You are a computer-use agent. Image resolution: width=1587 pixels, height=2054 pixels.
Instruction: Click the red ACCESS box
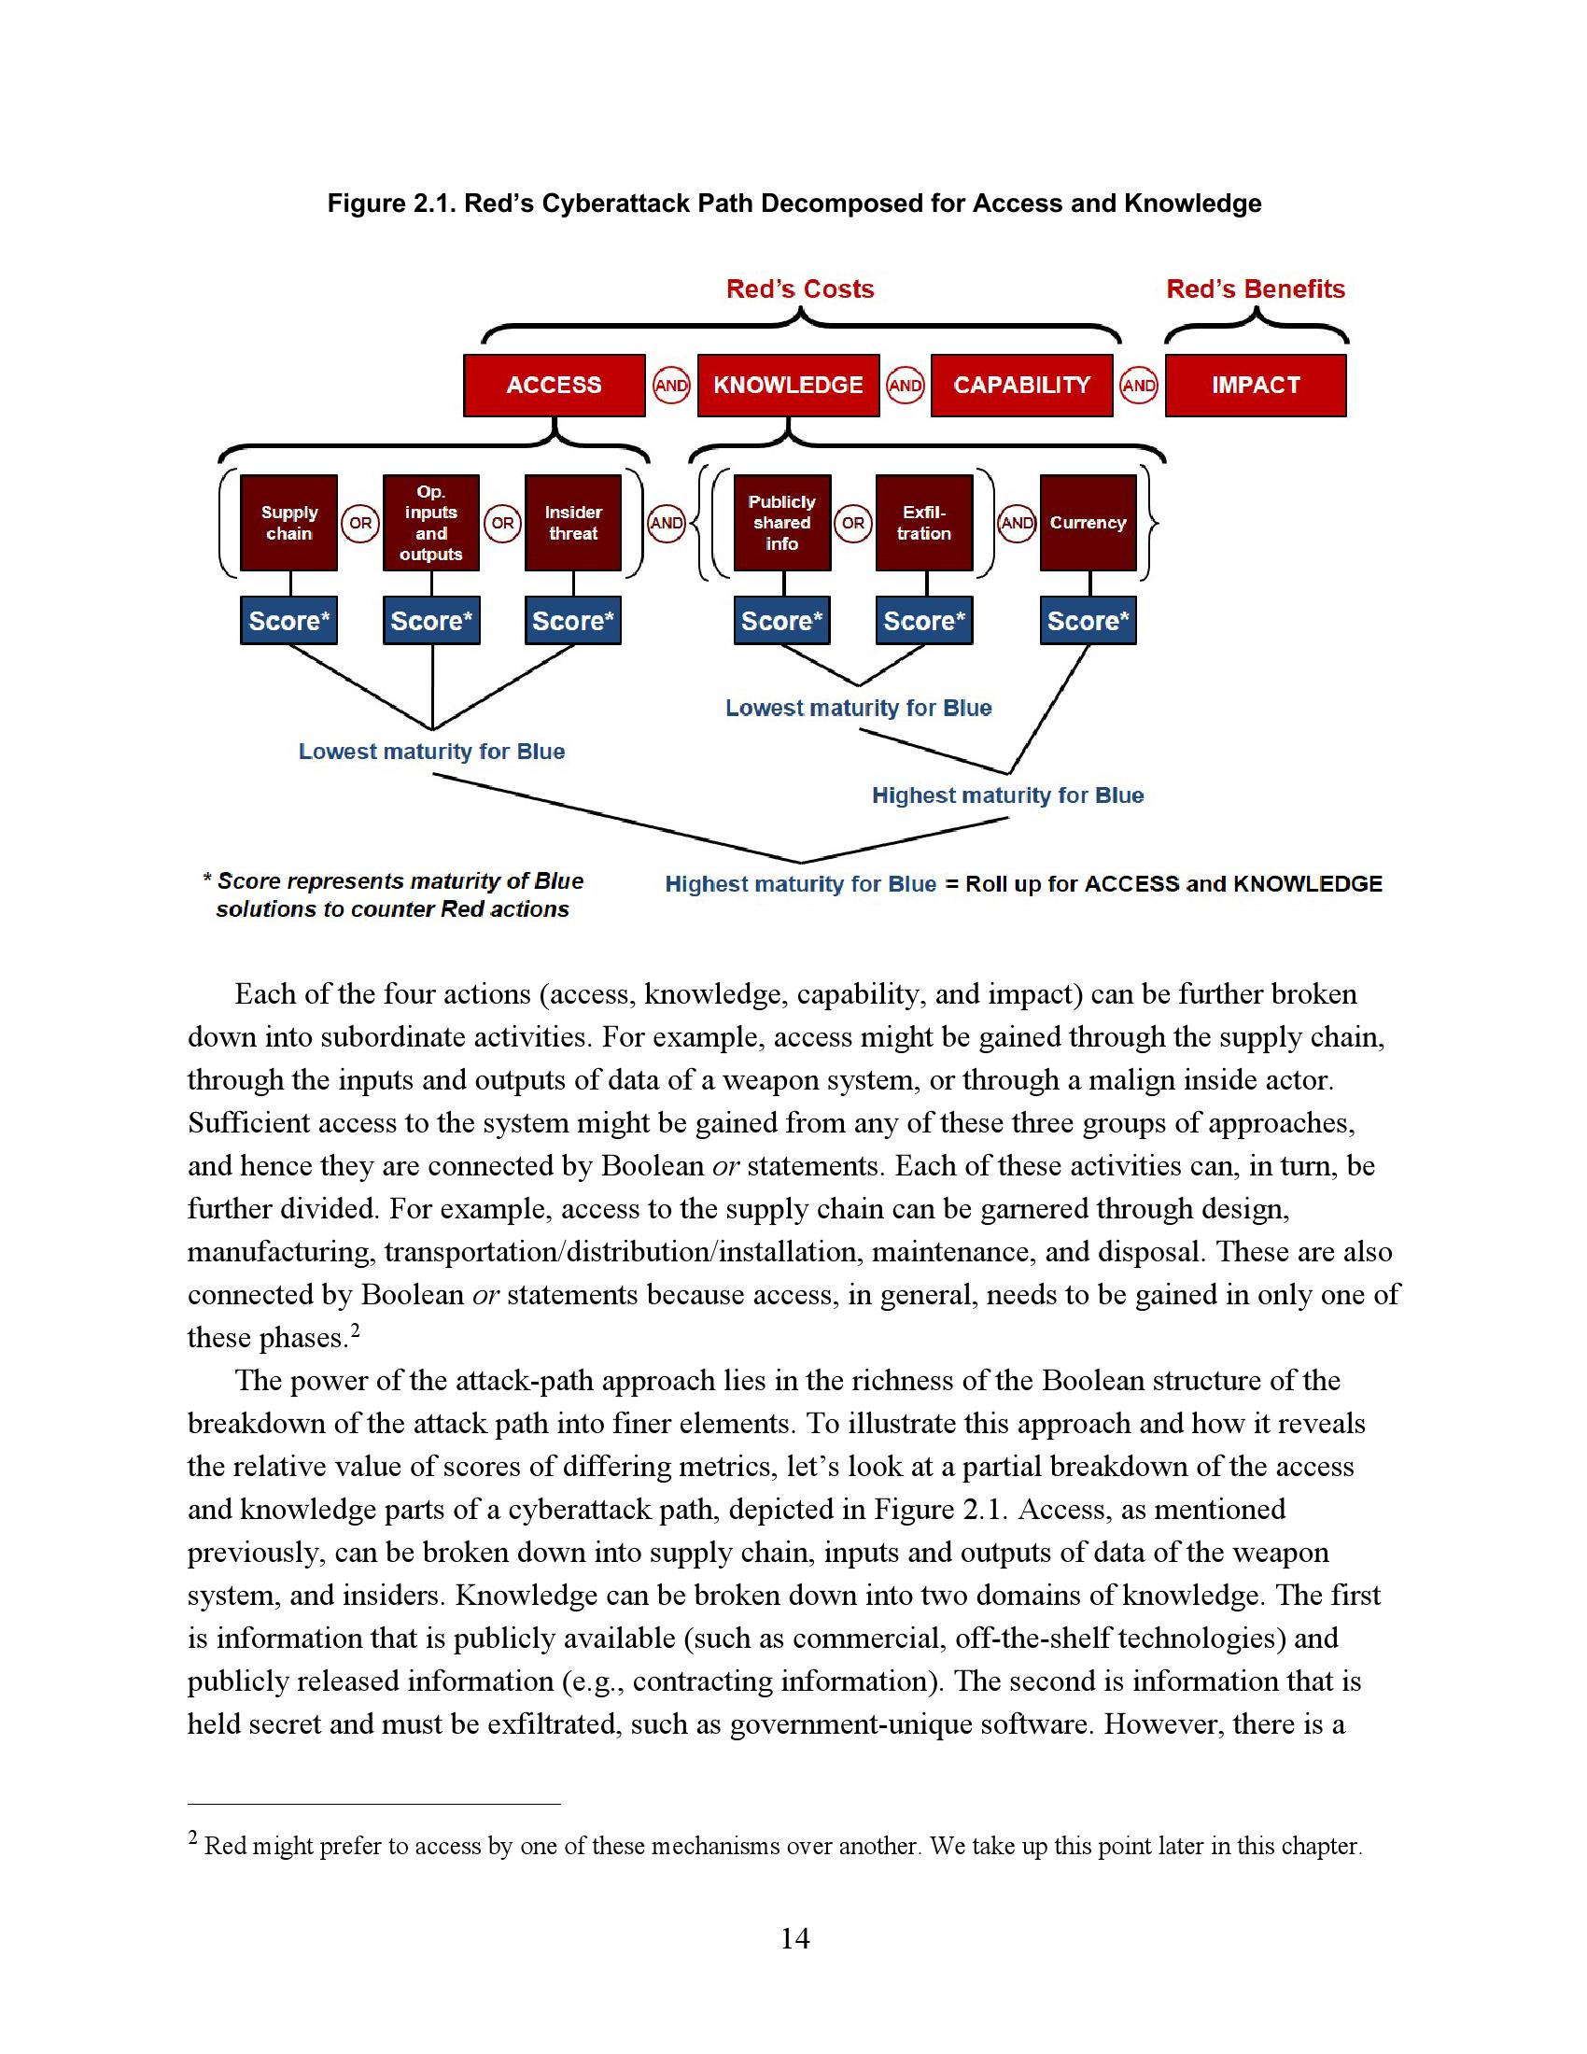[554, 385]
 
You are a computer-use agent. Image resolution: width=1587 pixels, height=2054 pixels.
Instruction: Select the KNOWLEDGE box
[788, 385]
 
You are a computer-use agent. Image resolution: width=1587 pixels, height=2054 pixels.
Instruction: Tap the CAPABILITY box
[1021, 385]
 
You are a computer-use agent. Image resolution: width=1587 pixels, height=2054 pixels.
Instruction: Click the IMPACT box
[1255, 385]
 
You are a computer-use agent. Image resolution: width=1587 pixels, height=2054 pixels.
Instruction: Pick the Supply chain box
[288, 523]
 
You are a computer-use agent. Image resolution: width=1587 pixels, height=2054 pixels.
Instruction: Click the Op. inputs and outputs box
[430, 523]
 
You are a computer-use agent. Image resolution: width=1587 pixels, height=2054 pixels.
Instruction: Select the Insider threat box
[572, 523]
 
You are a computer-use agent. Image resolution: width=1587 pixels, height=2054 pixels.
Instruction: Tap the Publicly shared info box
[781, 523]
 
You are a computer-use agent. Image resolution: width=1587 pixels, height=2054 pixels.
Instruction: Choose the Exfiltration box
[923, 523]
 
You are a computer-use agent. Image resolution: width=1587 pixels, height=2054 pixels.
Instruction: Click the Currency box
[1088, 523]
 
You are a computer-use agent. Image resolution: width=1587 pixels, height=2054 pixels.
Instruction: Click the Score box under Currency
[1088, 621]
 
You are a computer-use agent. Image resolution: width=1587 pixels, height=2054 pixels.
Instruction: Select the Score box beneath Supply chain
[288, 621]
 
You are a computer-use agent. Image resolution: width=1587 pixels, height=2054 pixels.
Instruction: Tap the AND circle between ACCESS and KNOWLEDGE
[671, 386]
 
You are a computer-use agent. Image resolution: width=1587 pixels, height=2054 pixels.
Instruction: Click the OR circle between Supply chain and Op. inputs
[360, 523]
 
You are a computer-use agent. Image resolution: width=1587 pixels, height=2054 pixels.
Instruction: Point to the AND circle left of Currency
[1018, 523]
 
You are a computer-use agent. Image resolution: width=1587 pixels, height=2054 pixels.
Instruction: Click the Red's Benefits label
[1255, 288]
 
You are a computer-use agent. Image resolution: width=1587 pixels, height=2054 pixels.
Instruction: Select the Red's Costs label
[800, 288]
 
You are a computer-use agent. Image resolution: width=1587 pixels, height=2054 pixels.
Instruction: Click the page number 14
[794, 1938]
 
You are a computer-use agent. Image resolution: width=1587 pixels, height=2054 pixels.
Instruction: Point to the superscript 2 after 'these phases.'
[356, 1330]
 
